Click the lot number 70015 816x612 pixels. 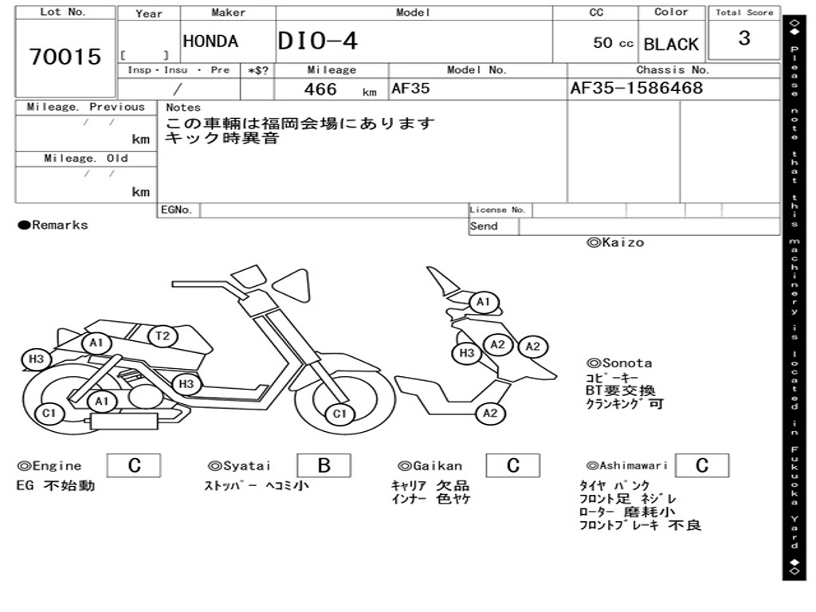click(65, 57)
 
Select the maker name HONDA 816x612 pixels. click(210, 41)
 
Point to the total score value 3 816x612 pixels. click(744, 38)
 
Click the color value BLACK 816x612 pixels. click(671, 45)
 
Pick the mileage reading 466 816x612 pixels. click(320, 89)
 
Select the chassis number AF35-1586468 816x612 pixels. click(637, 88)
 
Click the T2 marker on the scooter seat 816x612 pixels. click(163, 336)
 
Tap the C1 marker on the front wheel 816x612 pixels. click(340, 414)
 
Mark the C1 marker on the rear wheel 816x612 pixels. click(49, 413)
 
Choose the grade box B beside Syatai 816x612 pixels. click(324, 465)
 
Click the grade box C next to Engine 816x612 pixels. click(134, 465)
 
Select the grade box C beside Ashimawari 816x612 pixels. click(701, 465)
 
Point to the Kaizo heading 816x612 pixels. click(615, 242)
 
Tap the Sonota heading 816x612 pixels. click(619, 363)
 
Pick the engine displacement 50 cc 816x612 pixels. click(613, 43)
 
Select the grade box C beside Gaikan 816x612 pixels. click(513, 465)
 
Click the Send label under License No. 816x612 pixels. click(484, 226)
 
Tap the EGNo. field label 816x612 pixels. click(176, 210)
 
